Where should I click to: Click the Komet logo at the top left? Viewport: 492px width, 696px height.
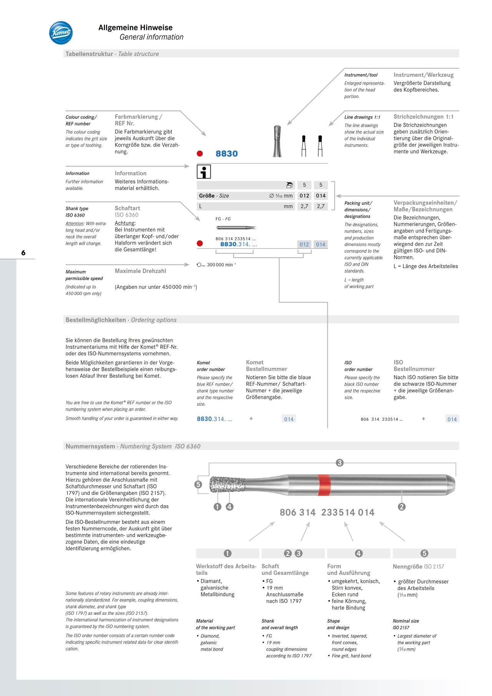(x=61, y=33)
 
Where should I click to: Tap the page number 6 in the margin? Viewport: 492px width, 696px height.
(x=23, y=253)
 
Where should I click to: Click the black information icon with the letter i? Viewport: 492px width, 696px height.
(x=204, y=172)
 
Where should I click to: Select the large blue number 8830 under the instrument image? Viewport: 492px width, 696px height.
(x=226, y=154)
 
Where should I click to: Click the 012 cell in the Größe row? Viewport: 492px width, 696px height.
(x=304, y=196)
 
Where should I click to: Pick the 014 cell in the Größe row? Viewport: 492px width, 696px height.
(x=321, y=196)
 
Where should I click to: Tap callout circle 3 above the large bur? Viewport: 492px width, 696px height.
(x=339, y=463)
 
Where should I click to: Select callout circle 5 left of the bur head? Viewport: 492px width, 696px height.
(x=198, y=485)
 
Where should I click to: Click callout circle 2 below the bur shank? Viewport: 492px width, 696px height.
(x=402, y=507)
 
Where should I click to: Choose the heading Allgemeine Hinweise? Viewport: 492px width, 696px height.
(x=135, y=28)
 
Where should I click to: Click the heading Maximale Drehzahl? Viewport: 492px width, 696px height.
(x=140, y=271)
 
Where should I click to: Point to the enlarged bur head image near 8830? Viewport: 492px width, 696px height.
(x=277, y=141)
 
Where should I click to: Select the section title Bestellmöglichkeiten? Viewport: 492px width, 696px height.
(x=96, y=320)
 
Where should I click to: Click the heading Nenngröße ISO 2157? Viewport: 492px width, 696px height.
(x=418, y=566)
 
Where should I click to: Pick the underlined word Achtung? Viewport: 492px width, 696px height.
(x=125, y=223)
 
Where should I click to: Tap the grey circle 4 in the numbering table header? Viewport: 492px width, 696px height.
(x=358, y=553)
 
